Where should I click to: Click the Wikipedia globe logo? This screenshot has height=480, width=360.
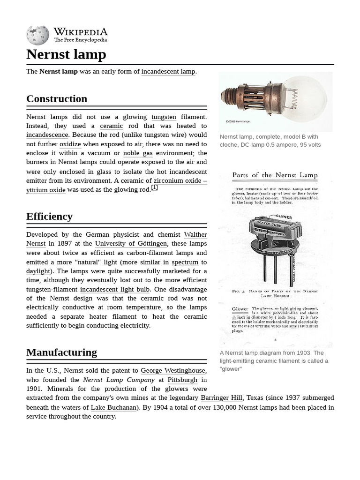(x=37, y=36)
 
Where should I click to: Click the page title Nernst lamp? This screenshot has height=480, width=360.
(x=66, y=54)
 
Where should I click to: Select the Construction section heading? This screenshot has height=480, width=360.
(x=57, y=99)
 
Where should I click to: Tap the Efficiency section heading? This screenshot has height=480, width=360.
(x=49, y=217)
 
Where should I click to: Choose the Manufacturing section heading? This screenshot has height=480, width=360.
(x=61, y=352)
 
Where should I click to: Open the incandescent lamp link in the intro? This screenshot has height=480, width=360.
(x=168, y=72)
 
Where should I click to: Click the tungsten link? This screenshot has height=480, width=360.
(x=164, y=117)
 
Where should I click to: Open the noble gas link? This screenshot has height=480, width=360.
(x=138, y=153)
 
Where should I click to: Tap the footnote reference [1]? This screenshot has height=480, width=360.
(x=154, y=187)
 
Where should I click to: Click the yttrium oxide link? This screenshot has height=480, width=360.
(x=46, y=190)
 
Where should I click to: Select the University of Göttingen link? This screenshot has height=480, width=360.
(x=131, y=244)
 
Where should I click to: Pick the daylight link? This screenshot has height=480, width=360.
(x=38, y=271)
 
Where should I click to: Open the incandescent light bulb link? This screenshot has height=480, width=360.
(x=115, y=290)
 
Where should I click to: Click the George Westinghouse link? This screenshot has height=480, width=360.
(x=173, y=371)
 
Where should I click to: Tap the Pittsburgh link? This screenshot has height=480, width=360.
(x=182, y=380)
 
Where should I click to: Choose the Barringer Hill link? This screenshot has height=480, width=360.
(x=221, y=398)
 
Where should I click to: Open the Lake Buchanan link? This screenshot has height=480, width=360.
(x=113, y=407)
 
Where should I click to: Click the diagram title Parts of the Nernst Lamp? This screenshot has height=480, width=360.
(x=275, y=175)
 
